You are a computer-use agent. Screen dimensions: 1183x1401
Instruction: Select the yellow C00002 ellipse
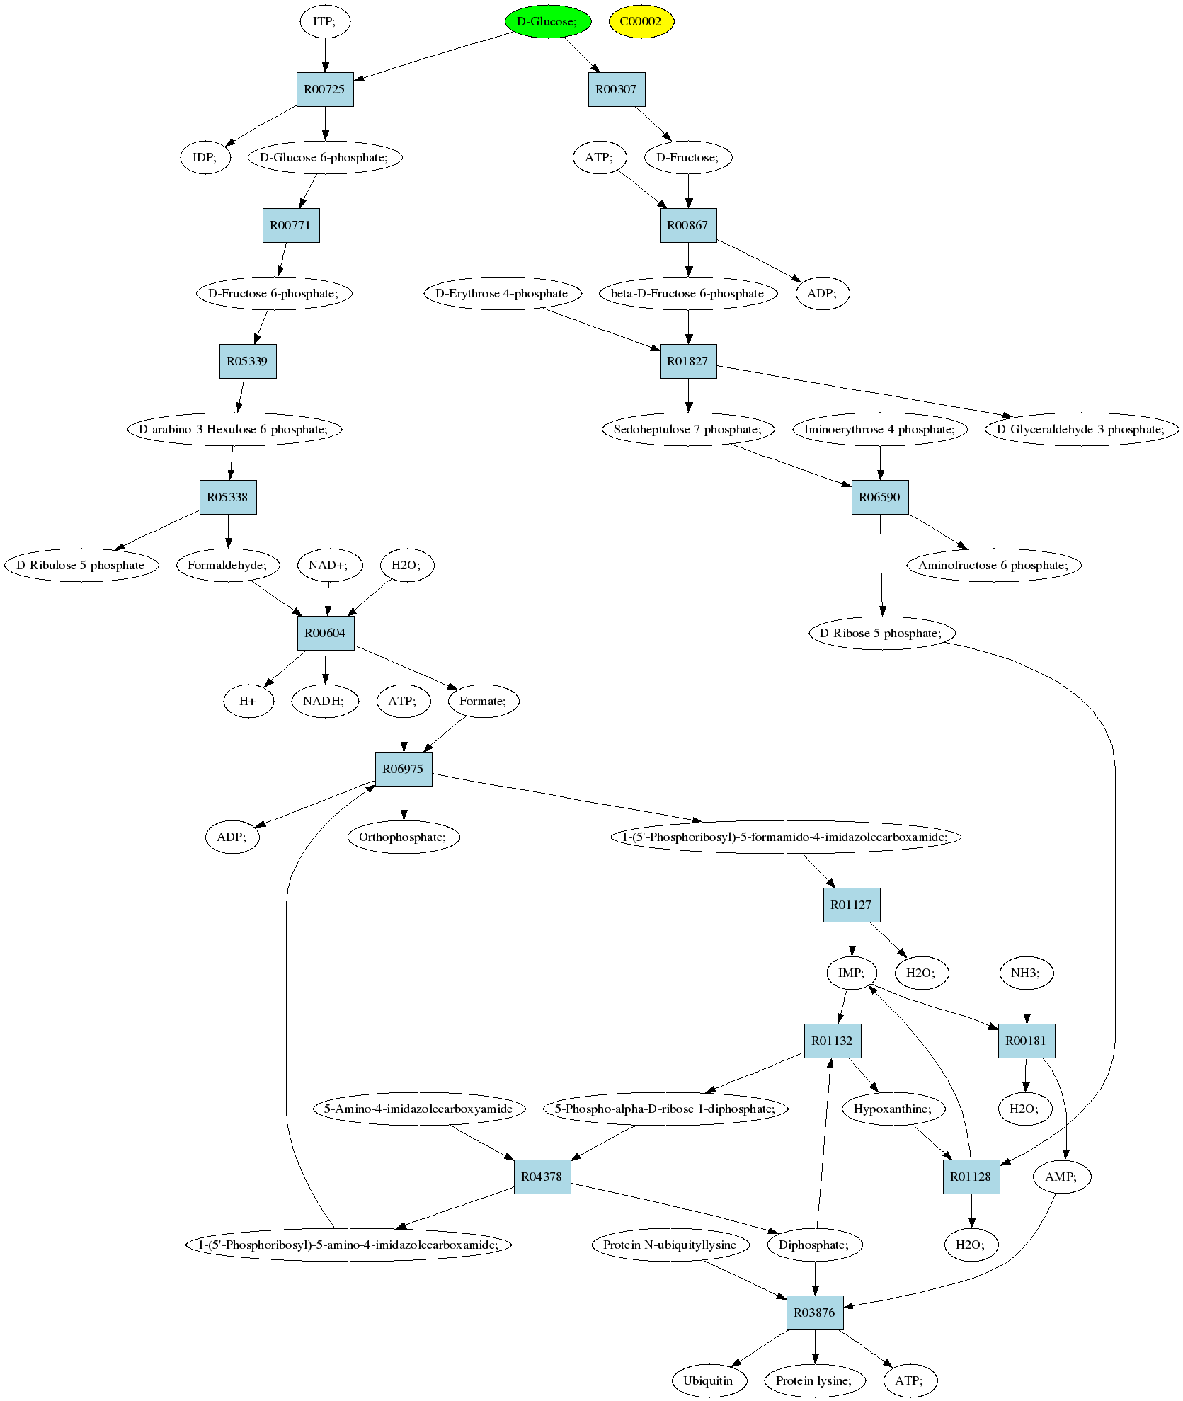tap(641, 21)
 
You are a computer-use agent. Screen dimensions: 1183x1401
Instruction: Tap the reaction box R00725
tap(325, 89)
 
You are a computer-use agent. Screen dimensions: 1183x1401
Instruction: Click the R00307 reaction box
tap(617, 89)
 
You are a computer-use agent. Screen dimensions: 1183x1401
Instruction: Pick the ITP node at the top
tap(325, 21)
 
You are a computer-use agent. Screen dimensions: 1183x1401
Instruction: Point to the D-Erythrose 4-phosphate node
tap(501, 293)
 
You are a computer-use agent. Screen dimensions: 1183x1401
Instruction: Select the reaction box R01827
tap(688, 361)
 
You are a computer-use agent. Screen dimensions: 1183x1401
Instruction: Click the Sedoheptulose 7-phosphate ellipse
tap(688, 429)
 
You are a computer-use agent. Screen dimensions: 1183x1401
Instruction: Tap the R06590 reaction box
tap(880, 497)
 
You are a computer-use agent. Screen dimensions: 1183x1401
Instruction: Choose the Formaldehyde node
tap(228, 565)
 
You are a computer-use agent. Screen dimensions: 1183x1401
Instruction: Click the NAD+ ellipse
tap(328, 565)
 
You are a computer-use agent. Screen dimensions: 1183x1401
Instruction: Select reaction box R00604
tap(326, 633)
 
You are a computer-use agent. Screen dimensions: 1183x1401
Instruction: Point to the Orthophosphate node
tap(404, 837)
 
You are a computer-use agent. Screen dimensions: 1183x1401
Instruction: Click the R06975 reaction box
tap(404, 769)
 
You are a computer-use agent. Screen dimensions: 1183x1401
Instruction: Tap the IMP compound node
tap(852, 973)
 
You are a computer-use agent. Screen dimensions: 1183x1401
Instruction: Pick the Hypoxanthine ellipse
tap(894, 1109)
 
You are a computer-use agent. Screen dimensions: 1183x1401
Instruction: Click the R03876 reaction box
tap(816, 1313)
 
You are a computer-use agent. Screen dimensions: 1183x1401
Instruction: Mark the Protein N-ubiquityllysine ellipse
tap(670, 1245)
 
